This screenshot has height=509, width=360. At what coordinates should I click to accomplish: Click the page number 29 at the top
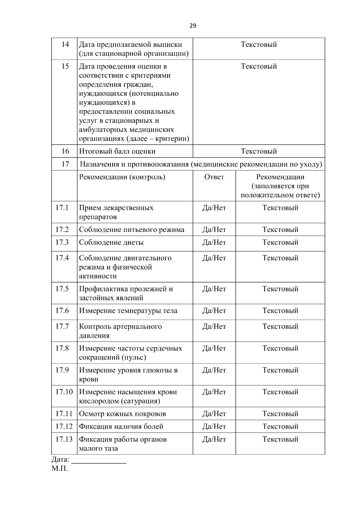point(193,26)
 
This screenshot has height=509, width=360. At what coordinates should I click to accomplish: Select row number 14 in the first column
point(65,44)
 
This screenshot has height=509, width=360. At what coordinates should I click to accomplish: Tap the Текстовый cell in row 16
point(259,151)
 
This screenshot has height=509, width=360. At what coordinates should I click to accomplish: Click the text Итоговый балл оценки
point(117,151)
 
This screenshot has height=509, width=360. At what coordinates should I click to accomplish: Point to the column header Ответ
point(214,177)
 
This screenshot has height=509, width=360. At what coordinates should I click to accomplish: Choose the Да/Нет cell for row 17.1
point(214,208)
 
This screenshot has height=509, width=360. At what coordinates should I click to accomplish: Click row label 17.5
point(62,289)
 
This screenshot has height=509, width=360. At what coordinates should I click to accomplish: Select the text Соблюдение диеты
point(111,242)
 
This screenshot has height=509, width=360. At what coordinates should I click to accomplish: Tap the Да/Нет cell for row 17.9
point(214,370)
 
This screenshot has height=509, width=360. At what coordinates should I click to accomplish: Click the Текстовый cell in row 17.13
point(280,439)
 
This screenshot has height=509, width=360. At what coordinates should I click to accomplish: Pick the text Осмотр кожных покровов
point(122,414)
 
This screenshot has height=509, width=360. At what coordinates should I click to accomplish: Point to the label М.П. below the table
point(59,469)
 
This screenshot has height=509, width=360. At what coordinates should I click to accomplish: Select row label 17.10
point(64,392)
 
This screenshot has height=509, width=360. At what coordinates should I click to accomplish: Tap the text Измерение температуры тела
point(128,311)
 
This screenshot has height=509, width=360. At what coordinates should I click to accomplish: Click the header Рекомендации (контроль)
point(122,177)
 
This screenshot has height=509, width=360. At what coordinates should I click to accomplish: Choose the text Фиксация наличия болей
point(121,427)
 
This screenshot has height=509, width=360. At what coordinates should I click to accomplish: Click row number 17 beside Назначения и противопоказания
point(65,164)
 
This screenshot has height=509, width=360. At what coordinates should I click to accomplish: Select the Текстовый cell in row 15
point(259,66)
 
